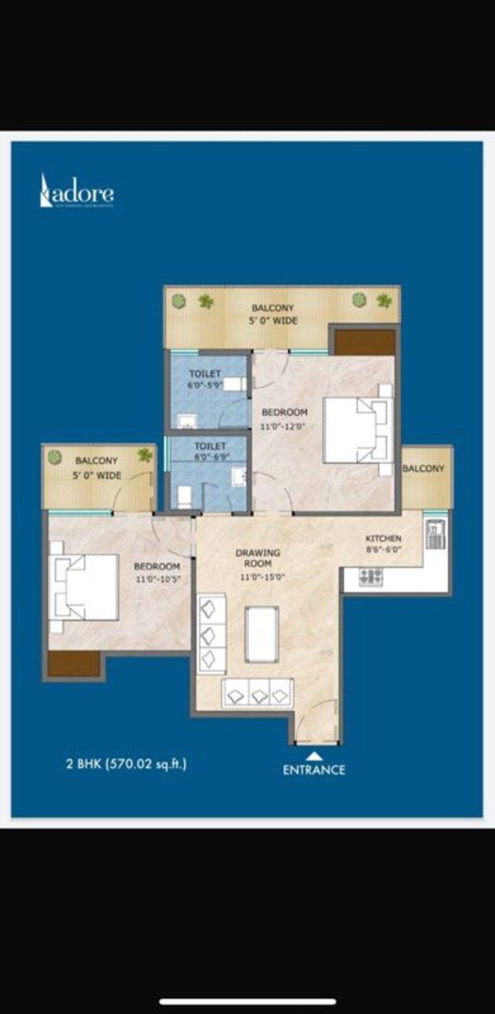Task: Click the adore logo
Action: [77, 192]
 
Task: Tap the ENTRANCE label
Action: [314, 769]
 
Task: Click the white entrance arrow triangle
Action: [314, 755]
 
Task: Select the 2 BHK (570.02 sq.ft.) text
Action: [126, 764]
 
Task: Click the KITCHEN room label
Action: [383, 539]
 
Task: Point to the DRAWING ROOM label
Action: [258, 558]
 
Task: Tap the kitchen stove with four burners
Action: [371, 576]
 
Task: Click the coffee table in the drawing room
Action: [262, 634]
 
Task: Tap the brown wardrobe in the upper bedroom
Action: [365, 342]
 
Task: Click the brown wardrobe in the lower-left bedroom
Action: [73, 663]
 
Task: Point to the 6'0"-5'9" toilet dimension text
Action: [205, 384]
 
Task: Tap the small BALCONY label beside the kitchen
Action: [423, 468]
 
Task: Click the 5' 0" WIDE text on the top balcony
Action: [273, 320]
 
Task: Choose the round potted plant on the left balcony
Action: [55, 457]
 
